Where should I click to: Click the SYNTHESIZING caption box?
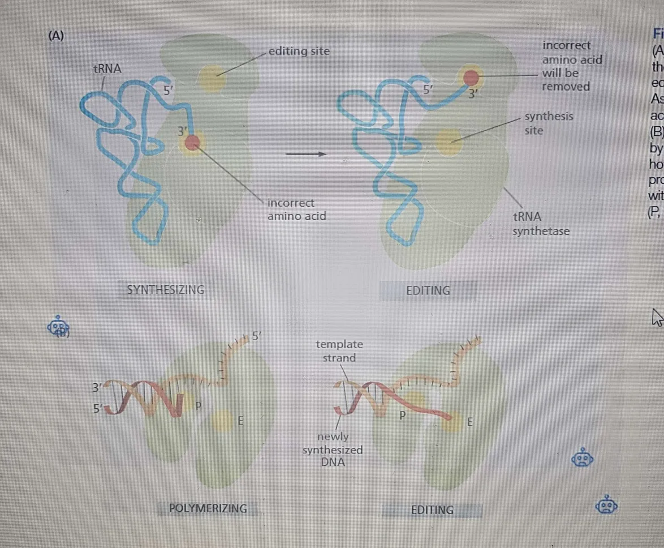click(165, 290)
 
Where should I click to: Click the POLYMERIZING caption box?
click(208, 508)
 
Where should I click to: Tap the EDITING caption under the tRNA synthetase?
click(428, 290)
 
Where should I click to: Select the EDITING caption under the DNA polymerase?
click(432, 510)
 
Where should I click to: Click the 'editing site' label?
click(299, 52)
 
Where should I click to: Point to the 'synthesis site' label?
click(549, 123)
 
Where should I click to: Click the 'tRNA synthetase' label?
click(541, 224)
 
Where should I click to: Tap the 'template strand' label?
click(339, 351)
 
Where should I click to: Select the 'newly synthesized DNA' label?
click(333, 449)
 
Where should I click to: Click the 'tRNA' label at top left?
click(107, 69)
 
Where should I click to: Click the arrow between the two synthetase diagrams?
click(305, 153)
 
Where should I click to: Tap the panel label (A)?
click(56, 36)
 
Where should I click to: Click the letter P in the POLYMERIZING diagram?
click(198, 405)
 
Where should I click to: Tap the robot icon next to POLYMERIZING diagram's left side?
click(58, 327)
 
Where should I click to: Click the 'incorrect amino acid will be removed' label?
click(571, 66)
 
